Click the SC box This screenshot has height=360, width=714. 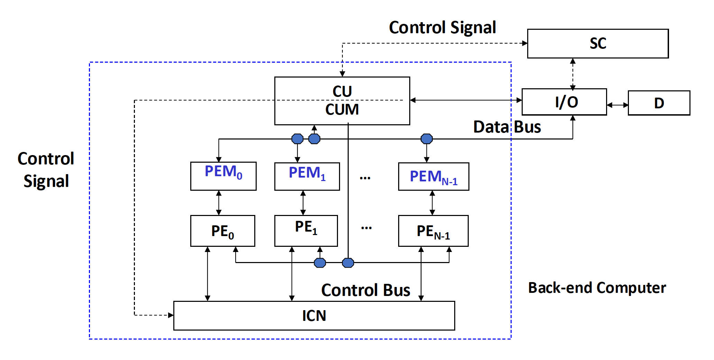[598, 44]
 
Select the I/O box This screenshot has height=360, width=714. [564, 102]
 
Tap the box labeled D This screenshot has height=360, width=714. [659, 103]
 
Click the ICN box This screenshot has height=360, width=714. [314, 315]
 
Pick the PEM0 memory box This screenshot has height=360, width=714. [223, 176]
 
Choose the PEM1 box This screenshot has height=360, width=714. [307, 176]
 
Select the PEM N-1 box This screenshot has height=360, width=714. [433, 177]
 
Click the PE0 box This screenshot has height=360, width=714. [222, 231]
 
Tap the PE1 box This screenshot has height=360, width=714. [306, 231]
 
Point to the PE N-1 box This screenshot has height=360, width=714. [433, 231]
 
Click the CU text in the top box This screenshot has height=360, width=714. [342, 91]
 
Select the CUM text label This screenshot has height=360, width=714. [342, 109]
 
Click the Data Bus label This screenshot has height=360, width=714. [507, 127]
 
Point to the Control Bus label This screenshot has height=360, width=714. [366, 290]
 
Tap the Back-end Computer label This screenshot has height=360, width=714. [597, 288]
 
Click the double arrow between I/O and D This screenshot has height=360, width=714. [617, 105]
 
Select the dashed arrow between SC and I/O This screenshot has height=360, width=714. [573, 73]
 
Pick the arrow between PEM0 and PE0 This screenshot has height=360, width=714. [219, 203]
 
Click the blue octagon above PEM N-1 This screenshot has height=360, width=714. [427, 139]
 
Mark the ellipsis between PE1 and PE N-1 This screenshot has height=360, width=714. [366, 228]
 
